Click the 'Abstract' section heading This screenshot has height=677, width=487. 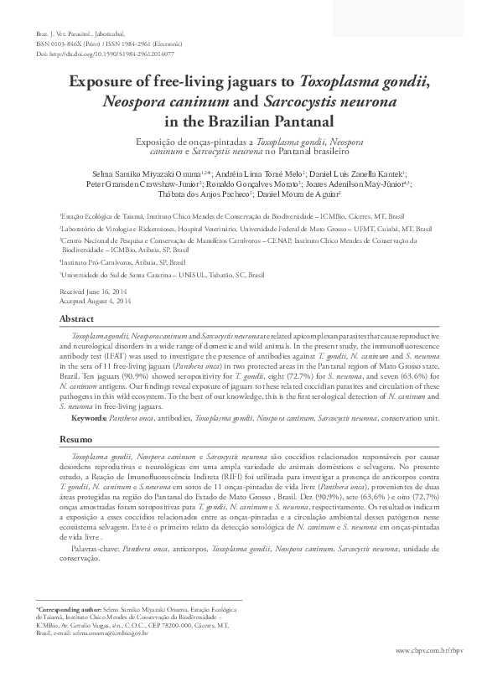click(x=75, y=320)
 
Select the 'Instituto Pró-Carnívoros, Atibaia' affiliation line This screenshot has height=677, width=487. click(x=117, y=261)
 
